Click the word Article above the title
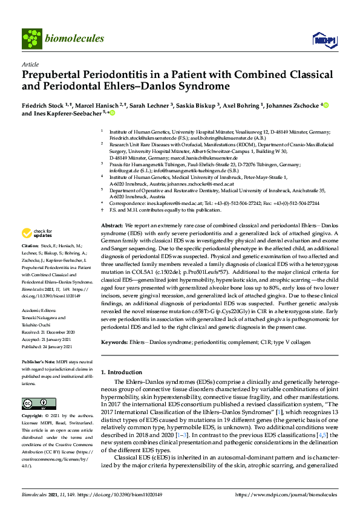(30, 64)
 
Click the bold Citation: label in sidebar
(30, 263)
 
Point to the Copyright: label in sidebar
(34, 417)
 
